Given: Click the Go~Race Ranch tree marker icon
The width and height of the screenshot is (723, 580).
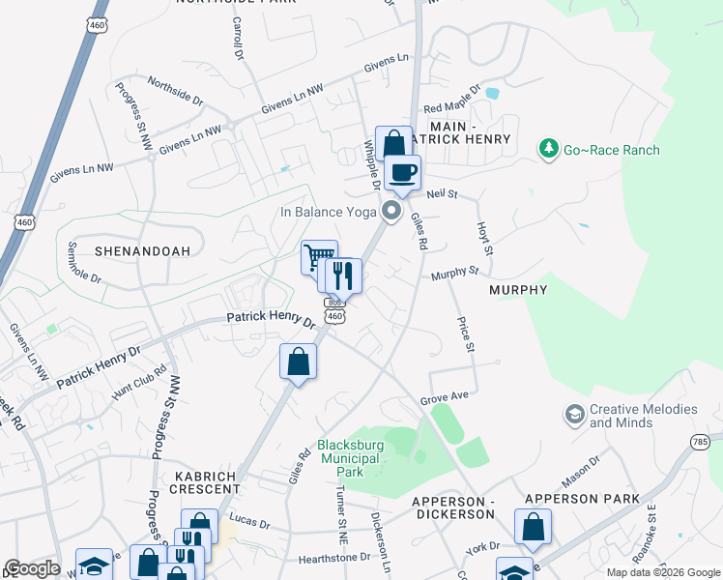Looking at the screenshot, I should click(550, 149).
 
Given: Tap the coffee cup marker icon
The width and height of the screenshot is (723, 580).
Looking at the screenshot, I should click(403, 173).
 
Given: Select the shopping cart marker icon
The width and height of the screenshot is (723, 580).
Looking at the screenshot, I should click(319, 257).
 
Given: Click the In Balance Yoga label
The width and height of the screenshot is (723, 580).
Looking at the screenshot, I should click(328, 212).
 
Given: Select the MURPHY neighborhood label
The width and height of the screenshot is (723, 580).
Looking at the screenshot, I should click(518, 289).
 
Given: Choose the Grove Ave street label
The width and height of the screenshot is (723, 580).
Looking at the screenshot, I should click(444, 398).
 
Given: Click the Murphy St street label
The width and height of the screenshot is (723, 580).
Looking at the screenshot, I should click(455, 275).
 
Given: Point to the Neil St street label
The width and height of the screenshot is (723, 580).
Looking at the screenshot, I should click(441, 194).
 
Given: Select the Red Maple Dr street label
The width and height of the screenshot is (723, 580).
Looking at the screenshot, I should click(445, 107).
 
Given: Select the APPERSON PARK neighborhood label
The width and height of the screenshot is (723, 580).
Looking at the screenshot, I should click(582, 499).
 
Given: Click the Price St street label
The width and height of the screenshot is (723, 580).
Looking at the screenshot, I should click(469, 332).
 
